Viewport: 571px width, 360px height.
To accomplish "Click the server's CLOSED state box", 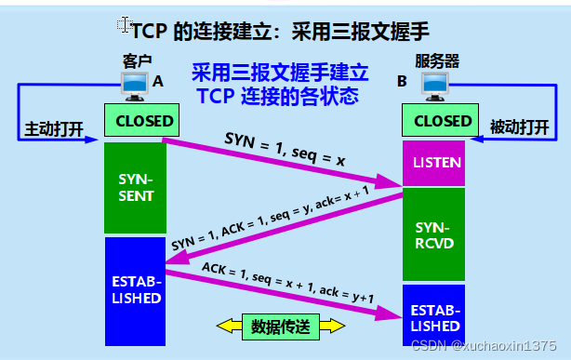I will point(436,121).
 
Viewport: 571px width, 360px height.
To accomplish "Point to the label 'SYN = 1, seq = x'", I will point(285,149).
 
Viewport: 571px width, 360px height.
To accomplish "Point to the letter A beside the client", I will point(157,82).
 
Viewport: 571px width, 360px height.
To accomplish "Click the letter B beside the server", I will point(402,82).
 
